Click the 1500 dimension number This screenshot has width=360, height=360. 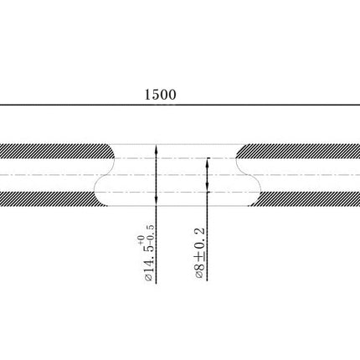pos(161,95)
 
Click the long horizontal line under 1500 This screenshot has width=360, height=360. pos(180,105)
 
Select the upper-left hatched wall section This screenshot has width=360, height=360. pos(57,152)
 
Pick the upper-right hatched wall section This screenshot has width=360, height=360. pos(298,152)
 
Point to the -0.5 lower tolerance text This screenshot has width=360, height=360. pos(150,234)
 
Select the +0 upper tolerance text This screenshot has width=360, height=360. pos(141,239)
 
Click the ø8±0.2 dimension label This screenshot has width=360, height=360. pos(200,253)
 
